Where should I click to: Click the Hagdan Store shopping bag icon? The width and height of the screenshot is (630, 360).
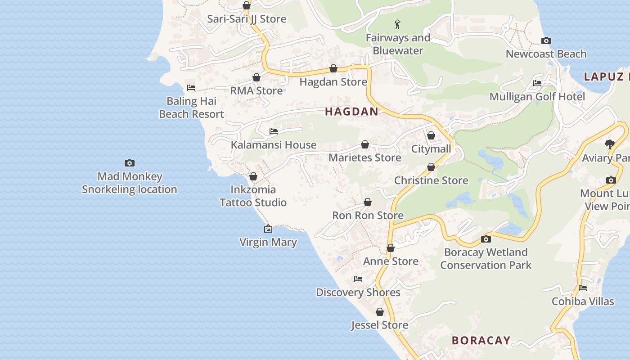333,68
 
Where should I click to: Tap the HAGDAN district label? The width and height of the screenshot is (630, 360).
351,112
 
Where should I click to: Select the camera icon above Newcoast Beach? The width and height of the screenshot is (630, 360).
546,41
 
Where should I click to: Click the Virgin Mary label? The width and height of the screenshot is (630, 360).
268,242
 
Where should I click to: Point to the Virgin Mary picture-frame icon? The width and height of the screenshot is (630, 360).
268,229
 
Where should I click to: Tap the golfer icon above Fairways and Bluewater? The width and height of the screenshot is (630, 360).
397,24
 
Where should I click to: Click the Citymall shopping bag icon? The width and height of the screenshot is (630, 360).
431,135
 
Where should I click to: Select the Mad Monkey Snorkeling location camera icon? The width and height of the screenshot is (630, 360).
130,163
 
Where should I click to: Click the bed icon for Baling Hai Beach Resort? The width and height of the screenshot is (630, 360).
191,87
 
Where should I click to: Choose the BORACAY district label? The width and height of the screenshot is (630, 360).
481,340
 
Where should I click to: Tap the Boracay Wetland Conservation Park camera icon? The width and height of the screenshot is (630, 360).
486,239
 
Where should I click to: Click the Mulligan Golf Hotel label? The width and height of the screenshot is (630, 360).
537,97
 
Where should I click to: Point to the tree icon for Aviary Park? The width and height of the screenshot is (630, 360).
610,144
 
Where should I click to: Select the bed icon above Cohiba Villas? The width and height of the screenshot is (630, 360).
583,288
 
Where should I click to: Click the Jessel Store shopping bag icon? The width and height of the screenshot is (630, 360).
380,312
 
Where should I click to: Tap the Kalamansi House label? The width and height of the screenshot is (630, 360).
274,145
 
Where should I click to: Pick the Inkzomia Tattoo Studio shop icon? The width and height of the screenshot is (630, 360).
253,176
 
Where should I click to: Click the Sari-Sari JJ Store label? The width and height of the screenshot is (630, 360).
247,19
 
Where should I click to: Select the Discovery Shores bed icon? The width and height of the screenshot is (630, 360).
358,279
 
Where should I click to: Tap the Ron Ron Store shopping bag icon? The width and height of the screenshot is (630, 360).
368,202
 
